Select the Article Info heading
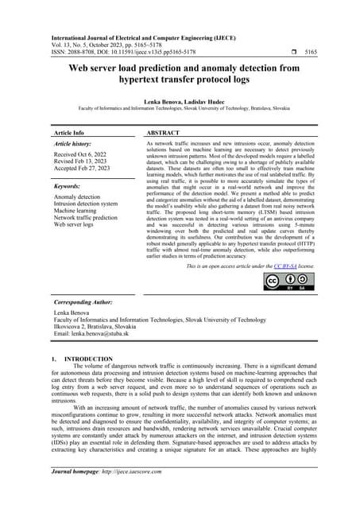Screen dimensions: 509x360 [x=69, y=133]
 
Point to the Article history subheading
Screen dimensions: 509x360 [x=73, y=145]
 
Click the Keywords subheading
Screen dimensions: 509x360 [x=67, y=185]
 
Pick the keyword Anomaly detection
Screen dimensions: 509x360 [x=76, y=196]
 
